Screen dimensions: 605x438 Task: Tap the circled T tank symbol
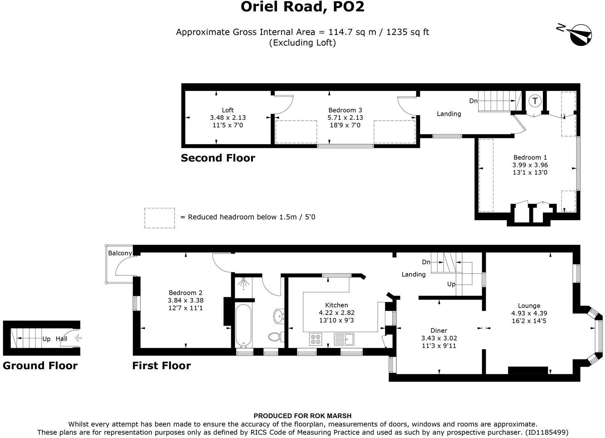535,101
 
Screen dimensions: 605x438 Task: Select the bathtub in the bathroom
243,326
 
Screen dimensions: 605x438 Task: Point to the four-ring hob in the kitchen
316,340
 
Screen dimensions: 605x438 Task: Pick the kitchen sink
344,339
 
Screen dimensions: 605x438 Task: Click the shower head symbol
243,283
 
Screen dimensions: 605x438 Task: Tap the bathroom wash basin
279,316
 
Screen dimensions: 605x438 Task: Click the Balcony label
120,253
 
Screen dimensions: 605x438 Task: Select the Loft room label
228,110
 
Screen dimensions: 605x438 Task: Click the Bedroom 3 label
345,110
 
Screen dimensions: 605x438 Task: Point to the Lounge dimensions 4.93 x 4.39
529,313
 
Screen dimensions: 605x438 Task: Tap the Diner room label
439,331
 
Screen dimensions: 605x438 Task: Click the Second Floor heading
218,158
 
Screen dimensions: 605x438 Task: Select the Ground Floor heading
40,366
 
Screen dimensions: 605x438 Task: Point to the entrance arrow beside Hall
78,338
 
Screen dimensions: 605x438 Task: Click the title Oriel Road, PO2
302,7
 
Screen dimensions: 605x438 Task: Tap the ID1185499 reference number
547,432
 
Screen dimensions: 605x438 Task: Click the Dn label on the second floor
473,101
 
